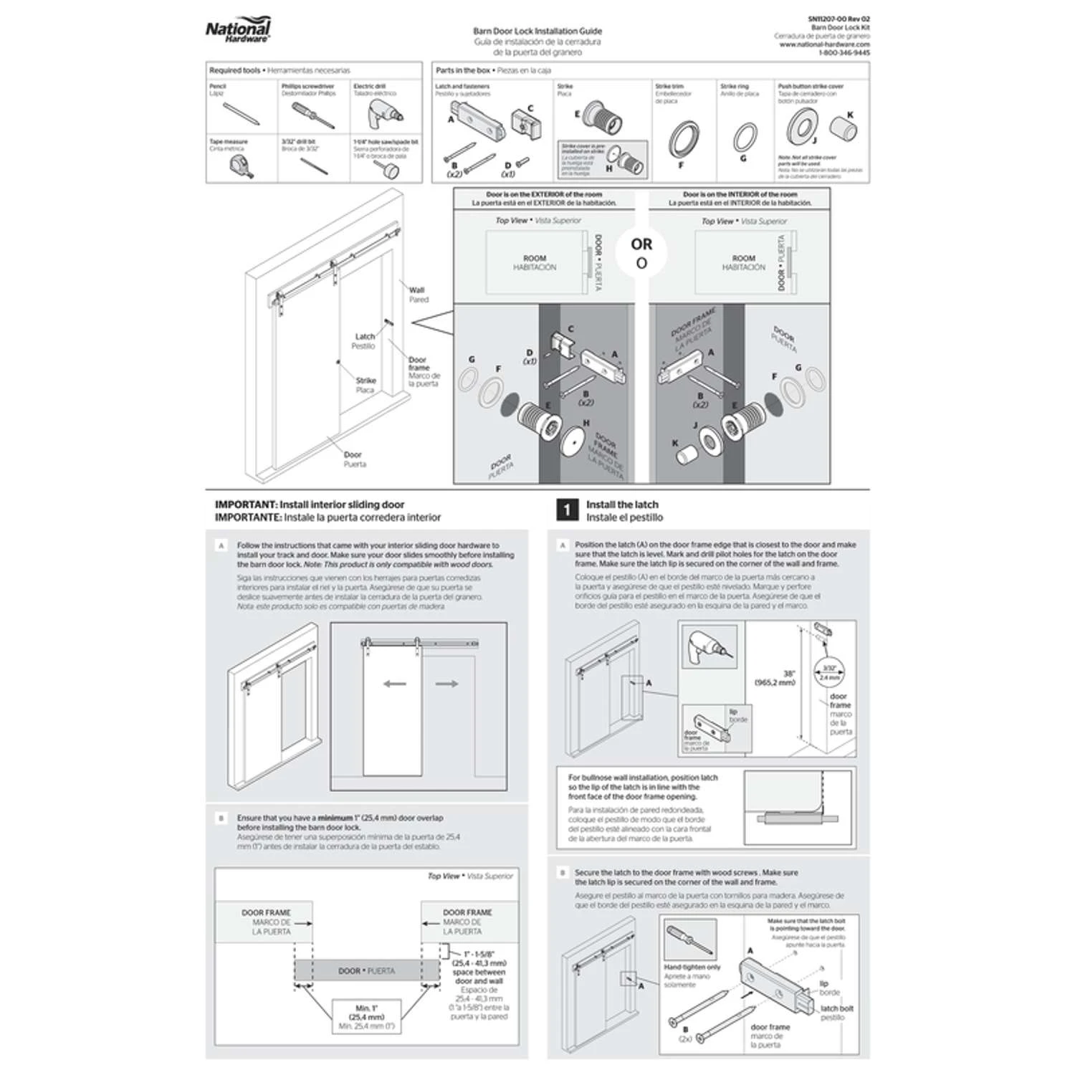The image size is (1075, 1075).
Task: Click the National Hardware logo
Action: click(x=238, y=31)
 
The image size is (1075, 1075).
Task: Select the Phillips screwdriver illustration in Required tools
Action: click(x=312, y=115)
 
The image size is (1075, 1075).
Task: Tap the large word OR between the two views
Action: click(x=641, y=244)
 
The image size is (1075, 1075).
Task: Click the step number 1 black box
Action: click(x=567, y=510)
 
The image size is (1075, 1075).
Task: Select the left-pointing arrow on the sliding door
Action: click(x=395, y=684)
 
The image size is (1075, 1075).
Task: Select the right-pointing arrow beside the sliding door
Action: click(x=446, y=684)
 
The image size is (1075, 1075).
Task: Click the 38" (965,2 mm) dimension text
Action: click(x=775, y=678)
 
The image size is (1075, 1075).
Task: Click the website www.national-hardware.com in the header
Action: click(x=824, y=44)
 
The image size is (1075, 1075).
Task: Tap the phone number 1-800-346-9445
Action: click(x=844, y=53)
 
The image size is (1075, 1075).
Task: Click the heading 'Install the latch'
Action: click(x=621, y=505)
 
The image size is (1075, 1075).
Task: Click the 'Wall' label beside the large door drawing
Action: click(x=416, y=290)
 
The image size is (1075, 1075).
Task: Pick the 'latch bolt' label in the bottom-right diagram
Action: click(x=836, y=1008)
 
